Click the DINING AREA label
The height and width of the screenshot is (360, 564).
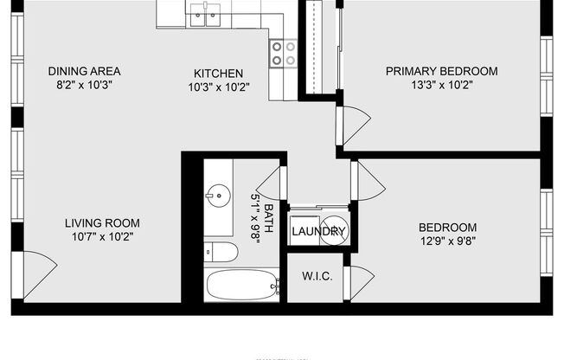pos(84,71)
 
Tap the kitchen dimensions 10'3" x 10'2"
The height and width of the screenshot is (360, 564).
pos(218,87)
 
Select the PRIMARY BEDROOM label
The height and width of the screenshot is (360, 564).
pos(441,71)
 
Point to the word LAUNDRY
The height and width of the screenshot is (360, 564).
pos(318,232)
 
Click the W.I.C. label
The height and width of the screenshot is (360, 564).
pos(313,277)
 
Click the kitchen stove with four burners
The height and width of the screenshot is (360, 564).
pos(283,54)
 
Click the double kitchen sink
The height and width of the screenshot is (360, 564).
pos(206,13)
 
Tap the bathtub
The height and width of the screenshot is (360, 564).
pos(242,284)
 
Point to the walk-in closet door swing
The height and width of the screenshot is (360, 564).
pos(359,281)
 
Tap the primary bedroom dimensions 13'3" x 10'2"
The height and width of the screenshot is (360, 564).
pos(441,85)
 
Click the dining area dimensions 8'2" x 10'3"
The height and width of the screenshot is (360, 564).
pos(84,85)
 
